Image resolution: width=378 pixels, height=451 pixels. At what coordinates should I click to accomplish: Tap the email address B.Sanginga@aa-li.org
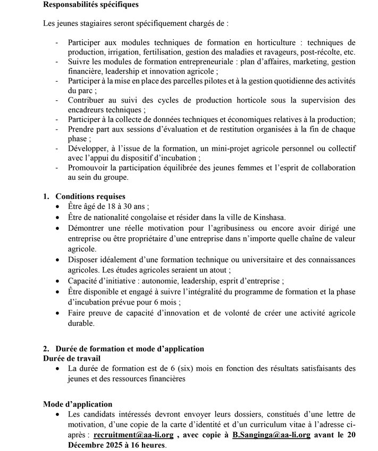(x=271, y=435)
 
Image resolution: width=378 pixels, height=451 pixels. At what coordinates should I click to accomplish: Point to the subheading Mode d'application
(x=78, y=404)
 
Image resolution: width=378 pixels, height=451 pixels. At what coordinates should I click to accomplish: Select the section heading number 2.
(x=46, y=349)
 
